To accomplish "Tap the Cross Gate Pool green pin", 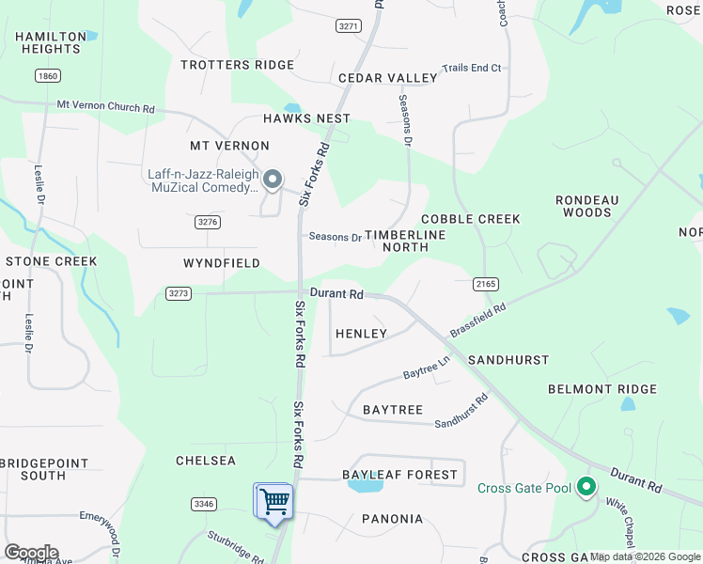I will click(x=586, y=487).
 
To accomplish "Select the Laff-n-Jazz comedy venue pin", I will click(x=273, y=179).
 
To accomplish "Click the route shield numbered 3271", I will click(x=348, y=26).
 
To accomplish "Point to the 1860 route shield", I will click(x=47, y=75).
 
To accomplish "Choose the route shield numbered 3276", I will click(x=208, y=222).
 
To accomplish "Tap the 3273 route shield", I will click(x=178, y=293).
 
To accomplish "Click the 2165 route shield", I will click(x=485, y=283).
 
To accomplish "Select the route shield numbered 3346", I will click(x=203, y=504).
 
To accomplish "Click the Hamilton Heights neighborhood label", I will click(x=47, y=42).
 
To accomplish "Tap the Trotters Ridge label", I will click(x=230, y=65).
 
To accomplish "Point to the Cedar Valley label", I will click(x=387, y=78).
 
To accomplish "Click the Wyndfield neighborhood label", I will click(x=222, y=263).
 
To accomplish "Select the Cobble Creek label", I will click(x=470, y=219).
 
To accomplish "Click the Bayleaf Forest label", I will click(x=399, y=475).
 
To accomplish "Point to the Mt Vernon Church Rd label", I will click(x=105, y=107).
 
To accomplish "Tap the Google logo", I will click(x=30, y=553).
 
